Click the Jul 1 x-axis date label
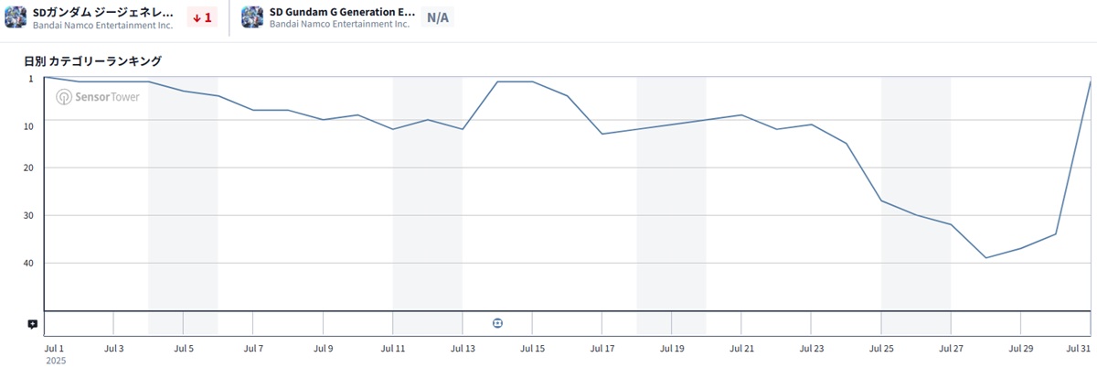tap(55, 349)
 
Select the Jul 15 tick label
tap(532, 349)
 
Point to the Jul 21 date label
tap(742, 349)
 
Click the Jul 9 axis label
tap(323, 349)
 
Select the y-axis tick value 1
tap(31, 79)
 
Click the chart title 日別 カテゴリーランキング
tap(93, 61)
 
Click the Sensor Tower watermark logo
tap(98, 97)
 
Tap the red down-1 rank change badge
tap(202, 17)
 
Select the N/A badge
tap(438, 17)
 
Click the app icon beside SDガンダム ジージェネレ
tap(16, 17)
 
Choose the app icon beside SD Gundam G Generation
tap(252, 17)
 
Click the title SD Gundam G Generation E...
tap(342, 12)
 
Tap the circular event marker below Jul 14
tap(497, 323)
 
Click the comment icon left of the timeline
tap(33, 324)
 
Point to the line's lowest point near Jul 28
tap(985, 258)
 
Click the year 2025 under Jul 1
tap(56, 361)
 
